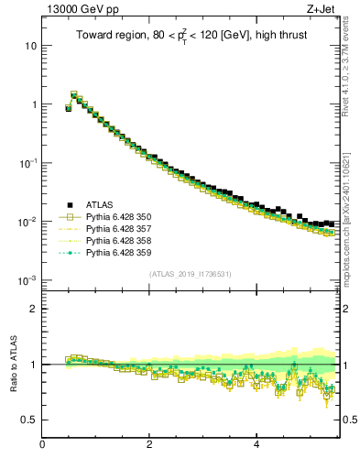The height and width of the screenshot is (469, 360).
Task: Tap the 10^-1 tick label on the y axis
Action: (27, 162)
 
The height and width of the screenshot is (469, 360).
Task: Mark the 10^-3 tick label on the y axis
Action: (27, 279)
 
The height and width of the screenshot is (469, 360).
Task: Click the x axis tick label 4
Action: (256, 445)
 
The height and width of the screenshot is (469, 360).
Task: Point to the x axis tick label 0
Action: (42, 445)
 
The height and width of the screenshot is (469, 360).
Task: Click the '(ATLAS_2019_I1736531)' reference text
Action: (191, 274)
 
